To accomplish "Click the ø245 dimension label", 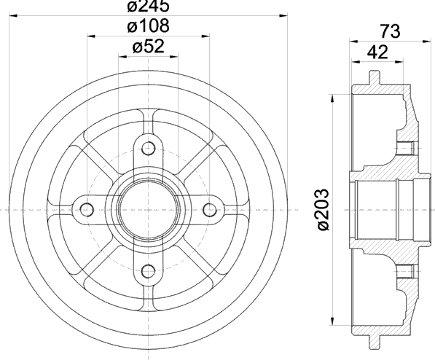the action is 148,6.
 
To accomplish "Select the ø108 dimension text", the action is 148,26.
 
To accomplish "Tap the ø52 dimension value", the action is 149,47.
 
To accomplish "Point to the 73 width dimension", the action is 390,31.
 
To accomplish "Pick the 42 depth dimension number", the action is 377,52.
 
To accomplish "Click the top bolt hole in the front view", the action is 149,148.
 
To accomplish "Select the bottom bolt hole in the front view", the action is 149,271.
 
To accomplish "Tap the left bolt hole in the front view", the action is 87,210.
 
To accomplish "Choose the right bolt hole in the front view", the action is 210,210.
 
